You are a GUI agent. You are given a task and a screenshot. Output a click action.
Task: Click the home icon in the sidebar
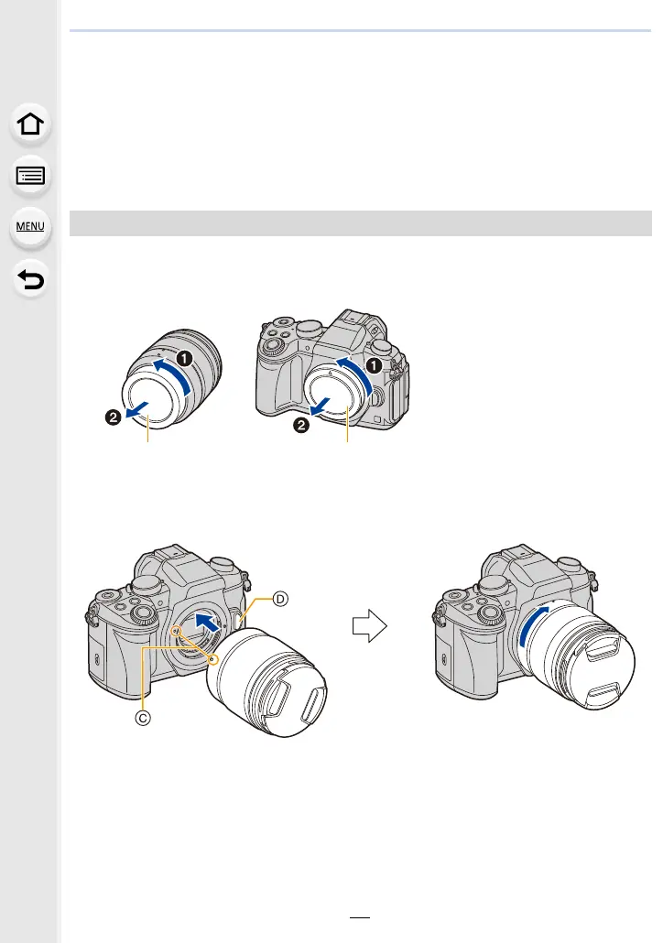[30, 125]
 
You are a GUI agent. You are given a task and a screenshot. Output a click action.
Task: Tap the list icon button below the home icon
[30, 176]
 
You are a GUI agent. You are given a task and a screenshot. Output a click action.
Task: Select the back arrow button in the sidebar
[30, 279]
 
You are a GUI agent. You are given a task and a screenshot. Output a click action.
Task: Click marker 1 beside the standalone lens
[184, 359]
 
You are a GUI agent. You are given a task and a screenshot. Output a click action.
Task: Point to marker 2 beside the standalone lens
[114, 417]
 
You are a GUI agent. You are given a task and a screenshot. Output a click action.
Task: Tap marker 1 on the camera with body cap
[374, 365]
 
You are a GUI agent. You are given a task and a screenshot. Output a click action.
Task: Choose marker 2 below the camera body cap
[300, 426]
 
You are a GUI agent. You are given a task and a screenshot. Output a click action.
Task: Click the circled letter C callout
[143, 718]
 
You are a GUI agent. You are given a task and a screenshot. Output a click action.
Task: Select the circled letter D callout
[280, 599]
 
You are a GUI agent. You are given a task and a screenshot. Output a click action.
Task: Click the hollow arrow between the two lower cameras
[369, 626]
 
